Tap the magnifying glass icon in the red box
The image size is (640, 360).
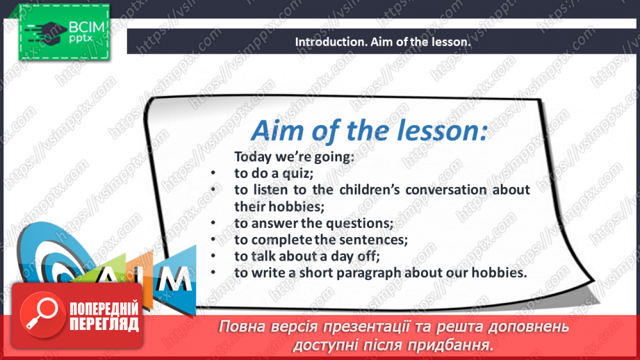point(42,314)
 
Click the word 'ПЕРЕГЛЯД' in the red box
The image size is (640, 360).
point(104,324)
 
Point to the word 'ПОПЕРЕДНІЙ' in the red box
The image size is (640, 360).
point(104,309)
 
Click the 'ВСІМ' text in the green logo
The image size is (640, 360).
point(86,27)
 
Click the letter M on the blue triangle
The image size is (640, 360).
point(174,279)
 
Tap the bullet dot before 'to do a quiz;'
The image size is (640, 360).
point(213,173)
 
